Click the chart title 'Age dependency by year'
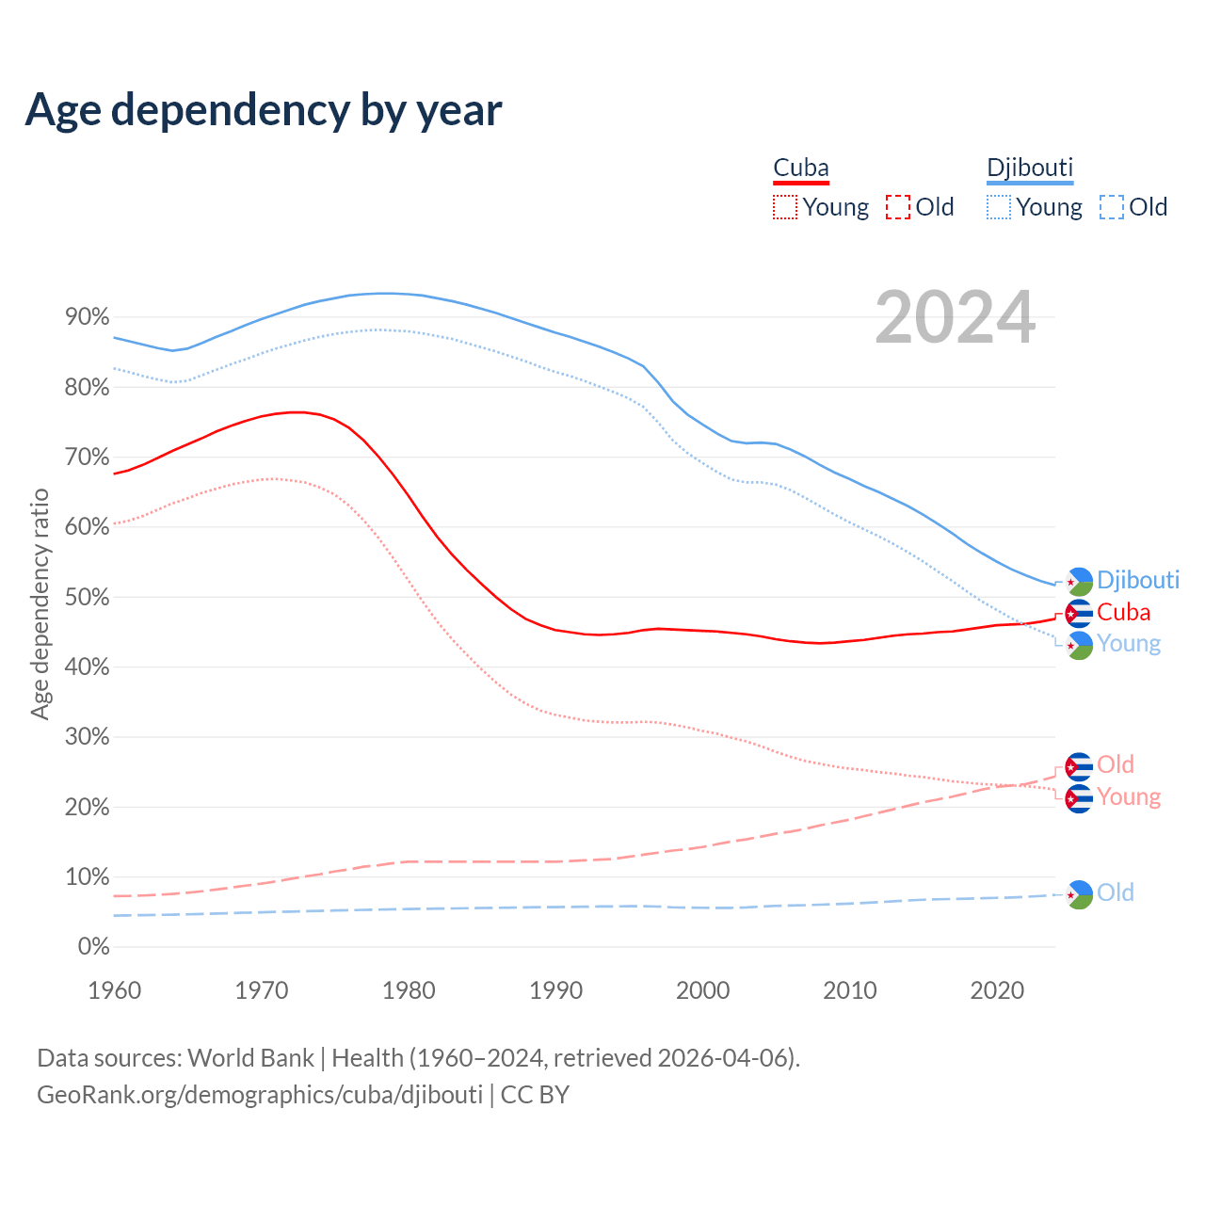[264, 109]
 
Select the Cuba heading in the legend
[801, 168]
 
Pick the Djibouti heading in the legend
[1030, 168]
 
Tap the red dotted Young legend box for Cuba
[785, 207]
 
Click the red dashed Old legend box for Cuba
[898, 207]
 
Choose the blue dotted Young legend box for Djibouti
[999, 207]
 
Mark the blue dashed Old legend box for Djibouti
[1112, 207]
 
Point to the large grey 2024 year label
[955, 317]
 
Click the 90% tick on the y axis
[88, 317]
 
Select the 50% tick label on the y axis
[88, 597]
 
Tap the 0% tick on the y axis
[93, 946]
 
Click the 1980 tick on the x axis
[409, 990]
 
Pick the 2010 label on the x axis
[850, 990]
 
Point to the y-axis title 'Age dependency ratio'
[40, 603]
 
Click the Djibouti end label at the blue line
[1137, 580]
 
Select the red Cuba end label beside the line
[1123, 612]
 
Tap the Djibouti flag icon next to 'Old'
[1079, 893]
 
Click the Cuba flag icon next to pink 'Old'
[1079, 766]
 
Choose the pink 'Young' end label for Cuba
[1128, 797]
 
